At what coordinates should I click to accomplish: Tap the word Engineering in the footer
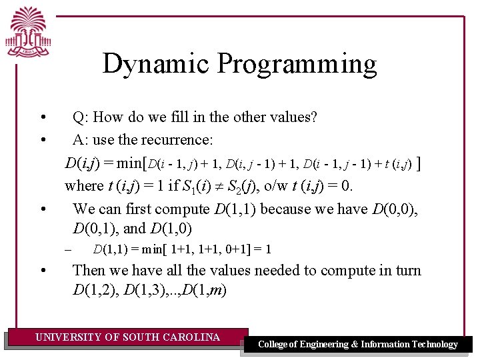[319, 344]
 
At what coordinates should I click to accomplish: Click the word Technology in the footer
[433, 344]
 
